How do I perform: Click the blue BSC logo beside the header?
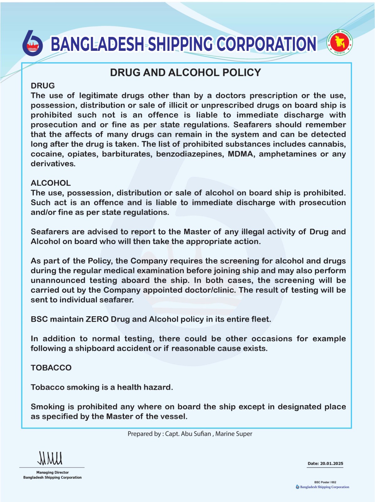[32, 44]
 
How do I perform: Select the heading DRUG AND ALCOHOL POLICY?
[185, 72]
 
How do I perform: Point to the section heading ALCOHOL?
[51, 183]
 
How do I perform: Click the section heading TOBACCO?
[51, 368]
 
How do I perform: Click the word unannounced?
[58, 280]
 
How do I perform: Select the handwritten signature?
[50, 458]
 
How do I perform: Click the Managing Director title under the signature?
[52, 473]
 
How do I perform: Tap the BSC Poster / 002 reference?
[325, 482]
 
